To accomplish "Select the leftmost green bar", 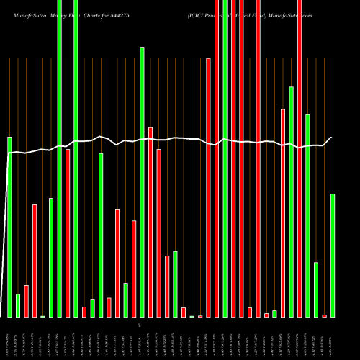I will [x=9, y=227].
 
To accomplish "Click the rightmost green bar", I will [x=333, y=255].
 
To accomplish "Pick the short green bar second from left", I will [x=18, y=305].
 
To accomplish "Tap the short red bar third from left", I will [x=26, y=301].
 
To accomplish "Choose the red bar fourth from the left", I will [x=35, y=261].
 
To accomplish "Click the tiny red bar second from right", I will [x=324, y=315].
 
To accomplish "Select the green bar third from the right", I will [x=307, y=215].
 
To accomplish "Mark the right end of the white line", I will [x=332, y=138].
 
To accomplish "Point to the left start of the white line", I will [x=8, y=153].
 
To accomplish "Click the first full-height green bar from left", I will [x=59, y=158].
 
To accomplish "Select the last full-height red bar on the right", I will [x=300, y=158].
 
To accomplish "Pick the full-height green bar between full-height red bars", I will [x=225, y=158].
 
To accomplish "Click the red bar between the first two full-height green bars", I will [x=68, y=233].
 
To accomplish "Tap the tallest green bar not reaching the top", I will [x=142, y=181].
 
